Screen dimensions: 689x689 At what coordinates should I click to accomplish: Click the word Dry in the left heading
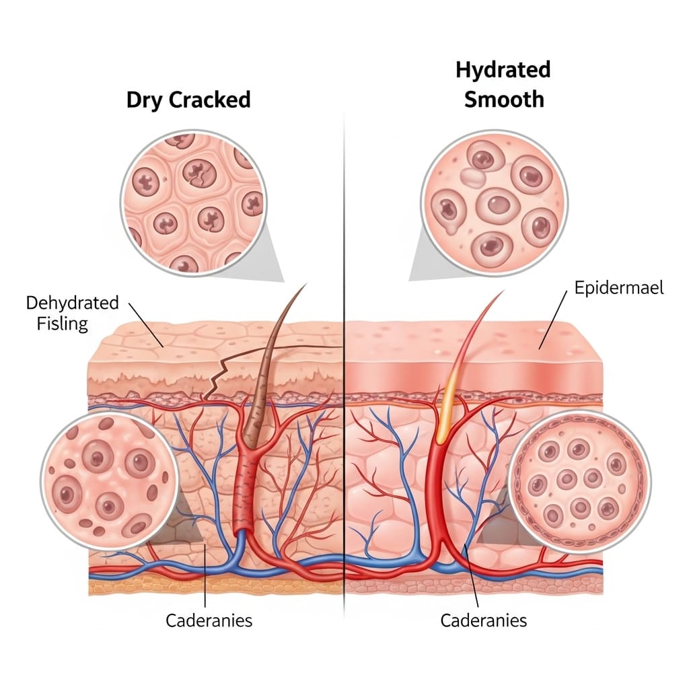pos(145,100)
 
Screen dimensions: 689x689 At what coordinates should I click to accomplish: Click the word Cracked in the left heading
pos(209,100)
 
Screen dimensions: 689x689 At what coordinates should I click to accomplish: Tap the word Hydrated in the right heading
pos(503,69)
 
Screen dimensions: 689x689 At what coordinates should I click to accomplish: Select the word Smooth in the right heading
pos(503,100)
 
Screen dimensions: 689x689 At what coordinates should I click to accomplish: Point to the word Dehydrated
pos(72,302)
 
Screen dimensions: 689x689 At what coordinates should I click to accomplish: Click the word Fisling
pos(63,324)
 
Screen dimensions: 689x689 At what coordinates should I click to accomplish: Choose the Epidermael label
pos(618,288)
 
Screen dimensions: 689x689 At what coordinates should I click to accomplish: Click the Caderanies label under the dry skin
pos(209,620)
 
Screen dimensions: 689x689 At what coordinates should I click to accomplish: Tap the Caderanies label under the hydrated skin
pos(483,620)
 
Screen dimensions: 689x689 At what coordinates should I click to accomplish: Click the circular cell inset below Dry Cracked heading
pos(193,203)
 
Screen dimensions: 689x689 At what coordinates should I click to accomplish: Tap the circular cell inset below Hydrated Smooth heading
pos(495,203)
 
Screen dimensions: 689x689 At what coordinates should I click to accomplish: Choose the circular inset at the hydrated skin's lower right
pos(579,482)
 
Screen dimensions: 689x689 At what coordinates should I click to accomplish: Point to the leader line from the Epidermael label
pos(553,323)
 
